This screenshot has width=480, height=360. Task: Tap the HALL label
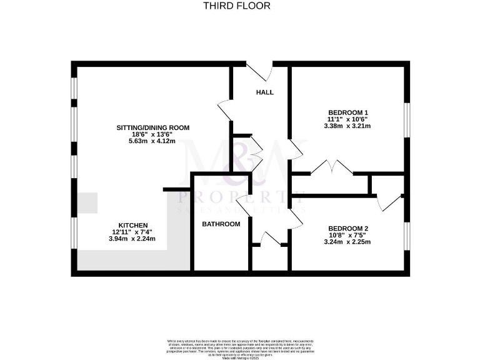point(265,92)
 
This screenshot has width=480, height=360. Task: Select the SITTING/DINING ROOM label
point(152,127)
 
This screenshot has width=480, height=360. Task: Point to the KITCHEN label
point(133,225)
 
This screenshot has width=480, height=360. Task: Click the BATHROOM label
point(221,224)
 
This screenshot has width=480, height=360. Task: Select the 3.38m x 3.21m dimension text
point(347,126)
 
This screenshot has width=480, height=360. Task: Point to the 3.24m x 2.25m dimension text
point(348,242)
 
